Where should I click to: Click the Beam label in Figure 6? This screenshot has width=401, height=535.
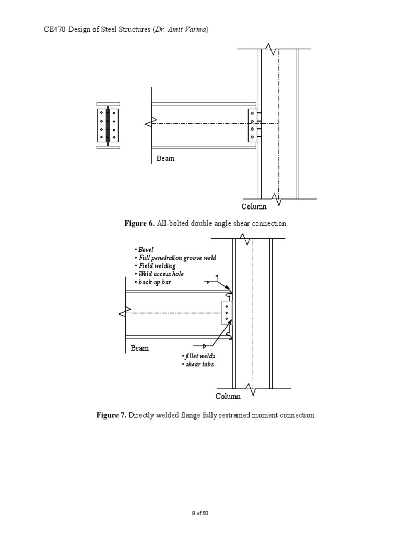coord(166,158)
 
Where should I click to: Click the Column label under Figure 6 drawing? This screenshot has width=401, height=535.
coord(254,206)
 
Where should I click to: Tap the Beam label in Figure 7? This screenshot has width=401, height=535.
coord(139,348)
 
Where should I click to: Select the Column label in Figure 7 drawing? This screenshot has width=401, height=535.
coord(229,396)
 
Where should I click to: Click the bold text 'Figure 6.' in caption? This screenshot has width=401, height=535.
coord(139,224)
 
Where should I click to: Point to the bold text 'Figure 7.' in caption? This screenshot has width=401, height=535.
coord(111,416)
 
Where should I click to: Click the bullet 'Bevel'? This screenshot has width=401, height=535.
coord(144,250)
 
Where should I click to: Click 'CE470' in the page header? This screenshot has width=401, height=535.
coord(54,30)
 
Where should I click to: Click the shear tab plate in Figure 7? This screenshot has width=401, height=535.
coord(227,313)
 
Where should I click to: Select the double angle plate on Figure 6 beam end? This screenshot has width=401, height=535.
coord(252,125)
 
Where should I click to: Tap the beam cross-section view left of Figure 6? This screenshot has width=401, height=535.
coord(108,125)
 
